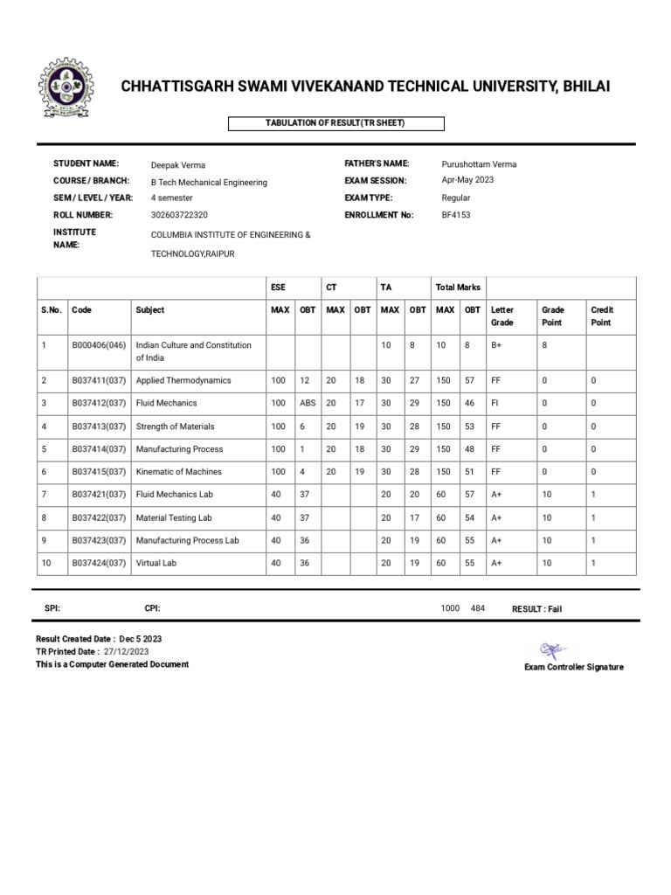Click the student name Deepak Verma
click(178, 165)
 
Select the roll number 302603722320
click(180, 214)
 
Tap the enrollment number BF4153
click(456, 214)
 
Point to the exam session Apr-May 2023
click(467, 181)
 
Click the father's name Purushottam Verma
click(480, 164)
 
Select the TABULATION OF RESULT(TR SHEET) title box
click(335, 123)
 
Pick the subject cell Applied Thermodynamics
click(183, 381)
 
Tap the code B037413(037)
click(100, 427)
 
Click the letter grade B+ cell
click(496, 346)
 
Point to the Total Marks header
click(458, 288)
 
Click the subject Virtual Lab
click(156, 564)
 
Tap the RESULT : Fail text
click(536, 609)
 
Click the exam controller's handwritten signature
click(554, 649)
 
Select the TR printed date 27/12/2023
click(127, 651)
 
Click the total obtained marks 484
click(477, 608)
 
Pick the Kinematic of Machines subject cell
click(179, 472)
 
